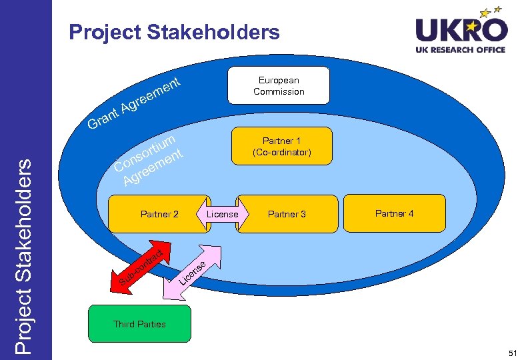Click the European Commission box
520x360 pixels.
tap(279, 85)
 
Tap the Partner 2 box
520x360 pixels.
tap(159, 214)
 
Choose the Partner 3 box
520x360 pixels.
tap(287, 214)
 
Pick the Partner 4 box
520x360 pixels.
tap(394, 213)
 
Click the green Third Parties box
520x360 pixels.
tap(139, 324)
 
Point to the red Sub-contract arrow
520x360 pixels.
tap(140, 266)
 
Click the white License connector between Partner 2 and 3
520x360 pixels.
tap(222, 214)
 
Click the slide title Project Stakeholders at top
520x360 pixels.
tap(174, 32)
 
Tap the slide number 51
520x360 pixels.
tap(511, 351)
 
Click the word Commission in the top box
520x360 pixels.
tap(279, 91)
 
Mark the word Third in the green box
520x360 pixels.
tap(123, 324)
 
